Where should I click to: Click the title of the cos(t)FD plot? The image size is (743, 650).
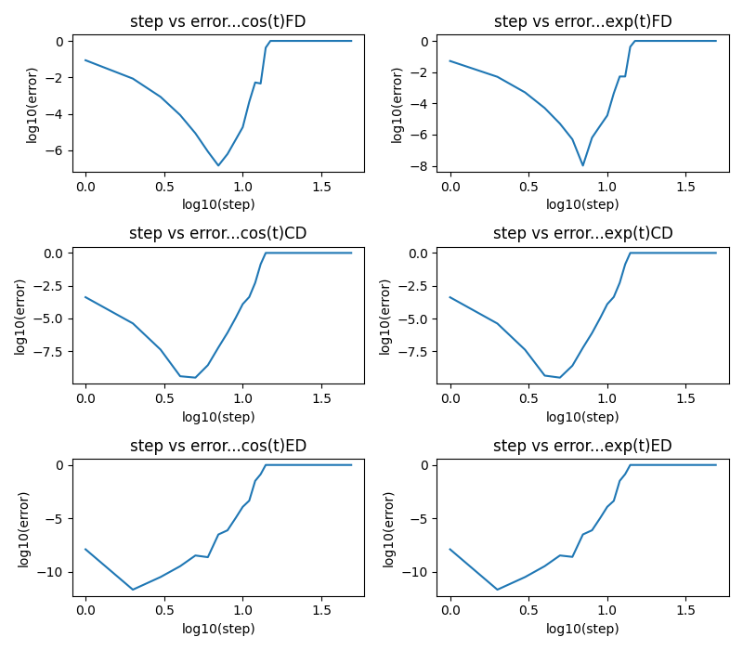pos(217,21)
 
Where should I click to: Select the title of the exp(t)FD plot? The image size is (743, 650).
pos(582,21)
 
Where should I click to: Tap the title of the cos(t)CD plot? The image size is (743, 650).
pos(217,233)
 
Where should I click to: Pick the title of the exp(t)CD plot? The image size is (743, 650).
pos(582,233)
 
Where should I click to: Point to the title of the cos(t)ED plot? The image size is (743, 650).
pos(217,446)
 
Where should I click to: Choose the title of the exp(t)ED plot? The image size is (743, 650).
pos(582,446)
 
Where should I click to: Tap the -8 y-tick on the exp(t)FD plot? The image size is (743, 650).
pos(420,166)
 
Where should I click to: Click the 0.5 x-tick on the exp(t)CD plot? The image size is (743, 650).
pos(528,398)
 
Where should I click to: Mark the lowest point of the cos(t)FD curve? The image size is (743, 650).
pos(218,165)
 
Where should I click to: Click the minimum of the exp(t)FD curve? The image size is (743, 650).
pos(583,165)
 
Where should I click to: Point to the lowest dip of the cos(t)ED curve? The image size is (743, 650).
pos(133,590)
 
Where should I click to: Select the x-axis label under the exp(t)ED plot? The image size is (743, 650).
pos(582,629)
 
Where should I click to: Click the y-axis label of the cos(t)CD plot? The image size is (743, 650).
pos(20,316)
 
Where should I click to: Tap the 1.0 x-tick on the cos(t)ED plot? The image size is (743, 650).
pos(242,611)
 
